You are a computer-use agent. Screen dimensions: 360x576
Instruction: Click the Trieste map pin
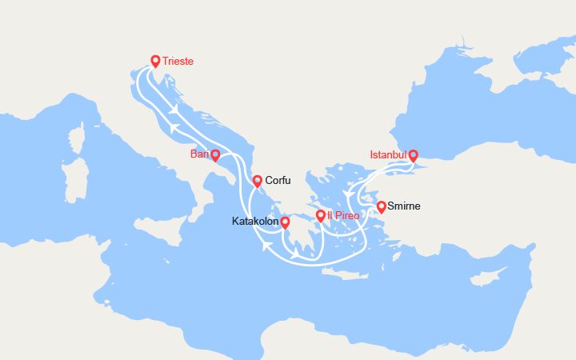click(155, 60)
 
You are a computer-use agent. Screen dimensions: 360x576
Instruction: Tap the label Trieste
click(178, 61)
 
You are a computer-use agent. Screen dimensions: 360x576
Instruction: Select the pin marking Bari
click(215, 154)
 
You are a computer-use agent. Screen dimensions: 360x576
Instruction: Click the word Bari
click(200, 154)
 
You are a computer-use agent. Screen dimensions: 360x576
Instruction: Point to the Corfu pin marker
click(258, 181)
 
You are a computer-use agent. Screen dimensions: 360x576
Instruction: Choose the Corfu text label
click(278, 181)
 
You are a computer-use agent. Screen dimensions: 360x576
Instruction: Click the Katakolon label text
click(255, 221)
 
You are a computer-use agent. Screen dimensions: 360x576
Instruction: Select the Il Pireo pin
click(321, 215)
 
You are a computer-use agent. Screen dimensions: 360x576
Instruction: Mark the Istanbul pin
click(413, 155)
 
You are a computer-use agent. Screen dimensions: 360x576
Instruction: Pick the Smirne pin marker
click(382, 206)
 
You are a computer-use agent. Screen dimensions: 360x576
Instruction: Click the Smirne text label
click(404, 206)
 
